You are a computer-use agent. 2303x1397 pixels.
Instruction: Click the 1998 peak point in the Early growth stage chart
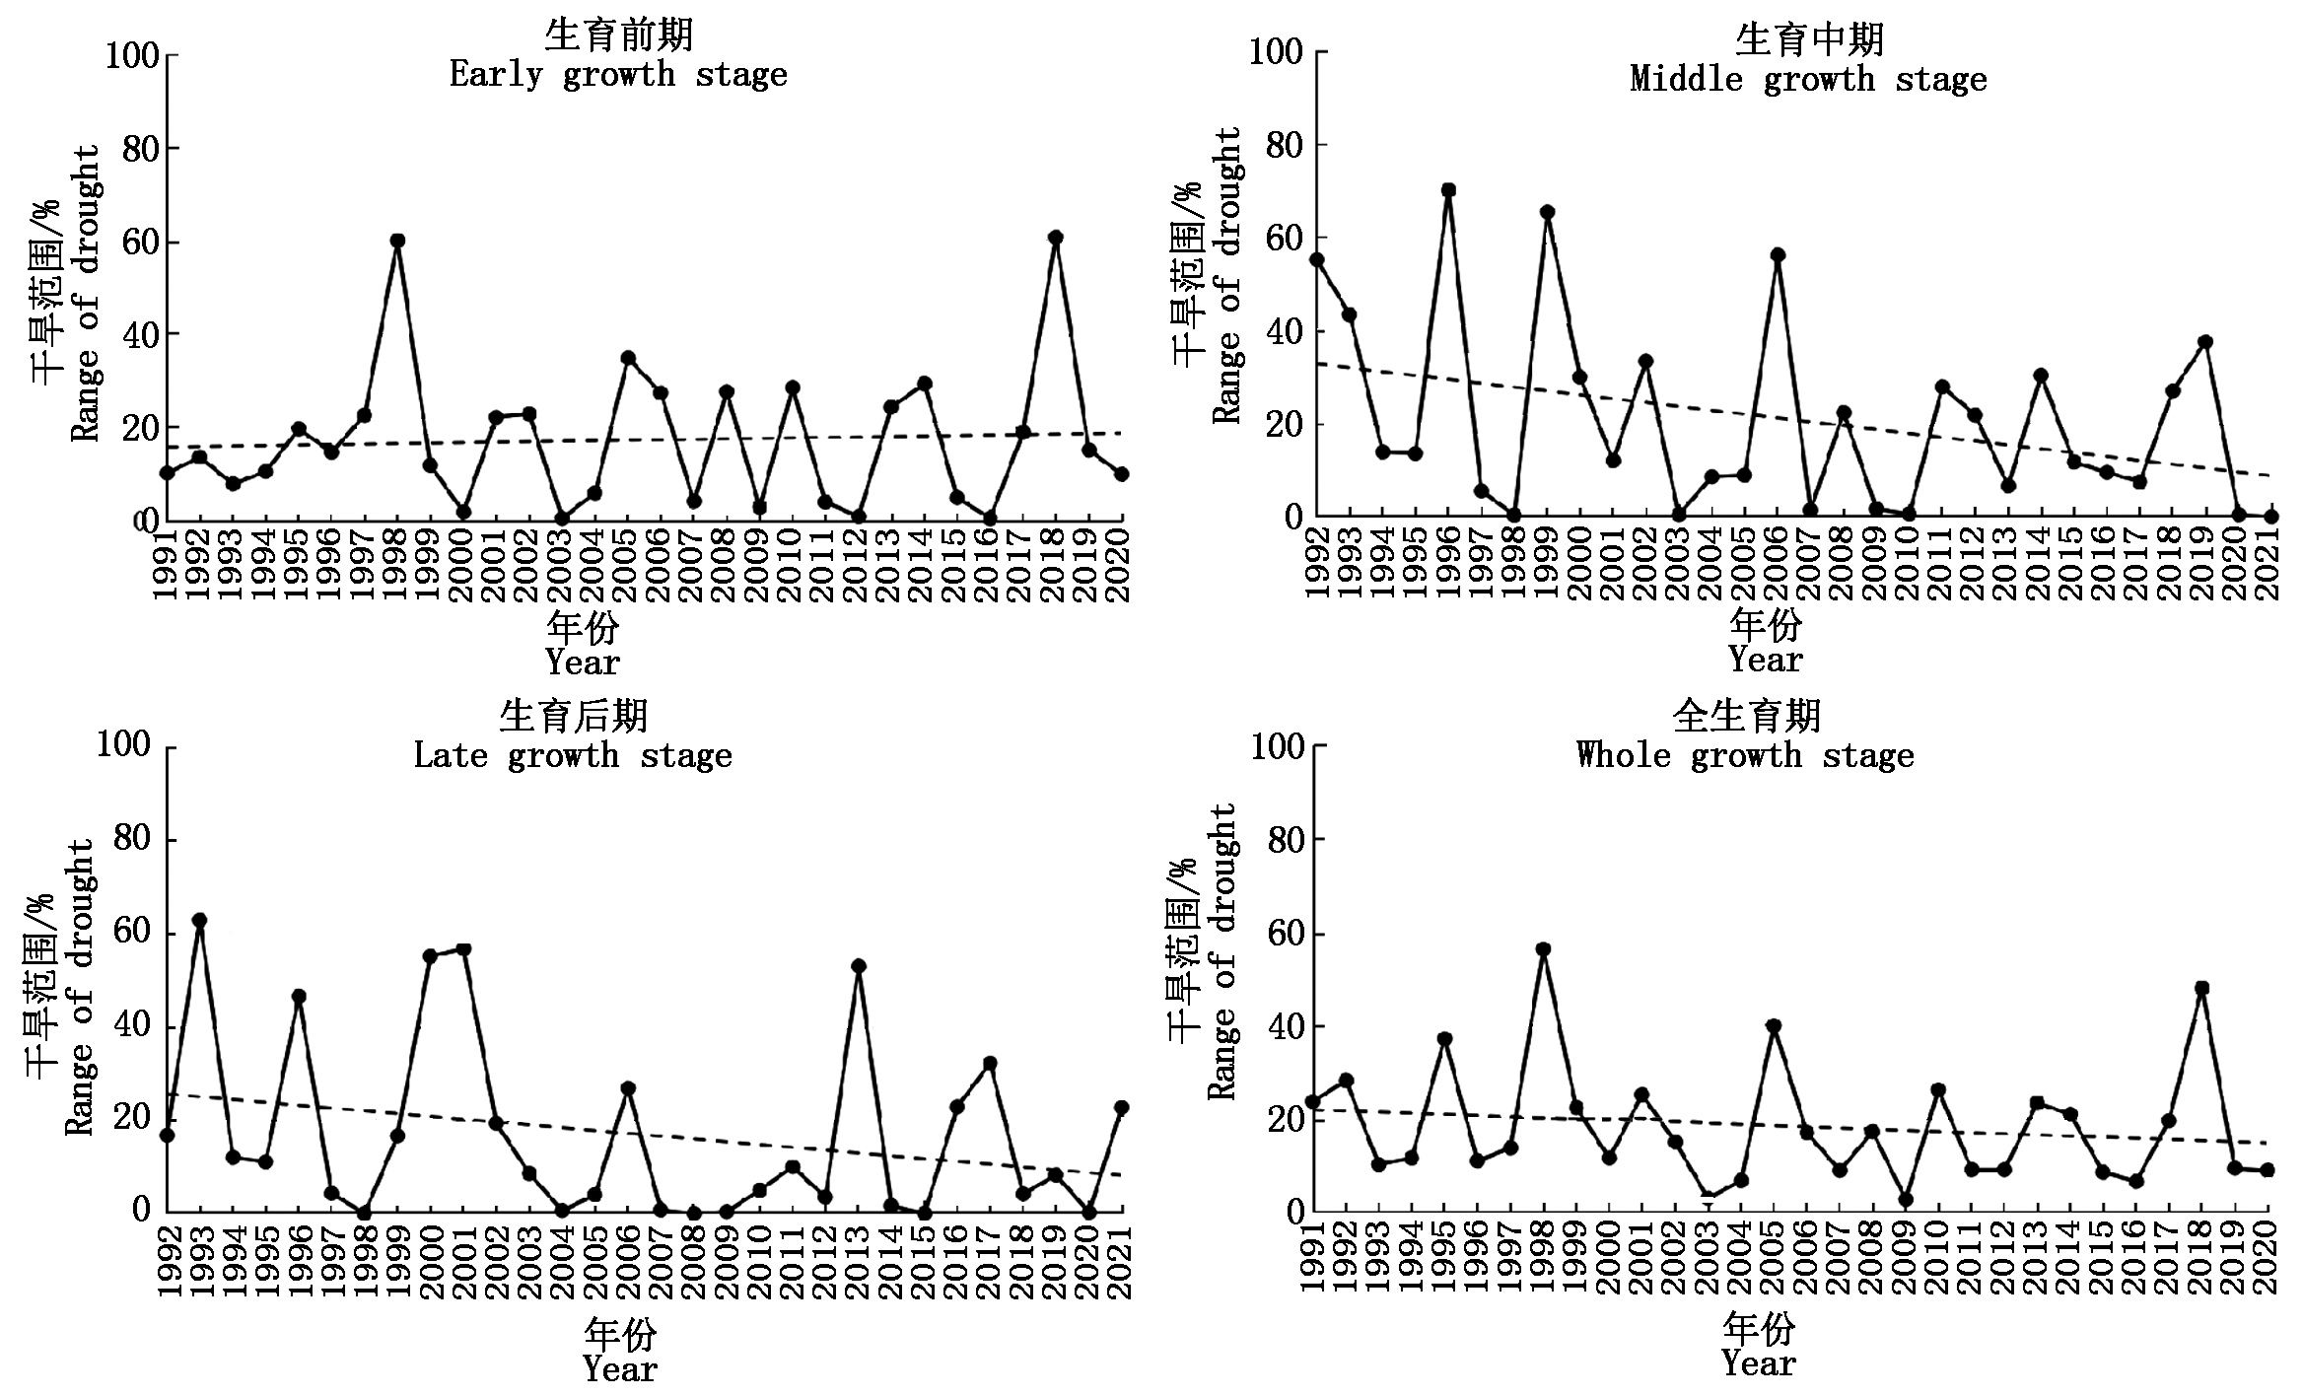397,241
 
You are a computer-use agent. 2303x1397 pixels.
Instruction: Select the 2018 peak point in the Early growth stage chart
1056,238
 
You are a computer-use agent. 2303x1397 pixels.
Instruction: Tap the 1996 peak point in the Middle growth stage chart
1448,190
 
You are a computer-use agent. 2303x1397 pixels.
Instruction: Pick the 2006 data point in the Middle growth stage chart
1778,255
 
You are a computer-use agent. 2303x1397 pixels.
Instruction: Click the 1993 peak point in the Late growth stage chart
199,920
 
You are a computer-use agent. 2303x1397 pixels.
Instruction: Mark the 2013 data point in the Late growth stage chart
859,966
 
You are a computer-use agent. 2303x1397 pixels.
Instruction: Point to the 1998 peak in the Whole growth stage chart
1543,949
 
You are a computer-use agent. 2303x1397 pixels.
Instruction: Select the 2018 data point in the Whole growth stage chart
2201,988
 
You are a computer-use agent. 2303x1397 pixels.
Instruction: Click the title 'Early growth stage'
618,75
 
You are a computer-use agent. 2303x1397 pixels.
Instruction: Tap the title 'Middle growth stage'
1808,79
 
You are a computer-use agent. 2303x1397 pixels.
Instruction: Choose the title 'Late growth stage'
573,755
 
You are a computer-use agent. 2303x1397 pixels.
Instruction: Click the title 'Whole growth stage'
1745,755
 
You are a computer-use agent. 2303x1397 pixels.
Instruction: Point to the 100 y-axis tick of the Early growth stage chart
132,55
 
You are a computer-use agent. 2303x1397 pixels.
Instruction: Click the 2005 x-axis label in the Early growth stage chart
627,565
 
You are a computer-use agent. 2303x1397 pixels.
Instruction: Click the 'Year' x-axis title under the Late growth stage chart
619,1368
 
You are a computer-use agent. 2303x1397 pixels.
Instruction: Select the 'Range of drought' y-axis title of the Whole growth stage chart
1221,950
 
